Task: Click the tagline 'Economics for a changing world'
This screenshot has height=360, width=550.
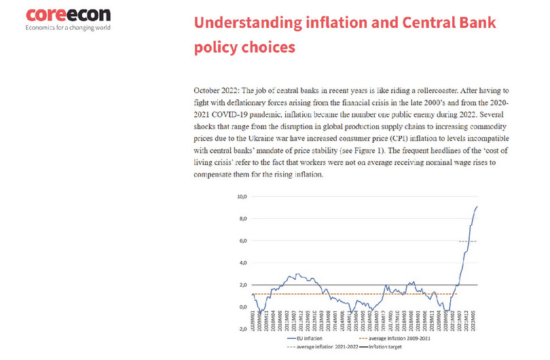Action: pos(68,28)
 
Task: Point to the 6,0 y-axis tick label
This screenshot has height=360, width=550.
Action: pos(242,240)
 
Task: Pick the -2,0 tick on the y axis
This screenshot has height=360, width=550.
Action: pos(242,329)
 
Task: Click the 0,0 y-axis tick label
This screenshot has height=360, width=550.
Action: pos(242,306)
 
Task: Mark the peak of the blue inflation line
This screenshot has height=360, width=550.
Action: pos(477,206)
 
